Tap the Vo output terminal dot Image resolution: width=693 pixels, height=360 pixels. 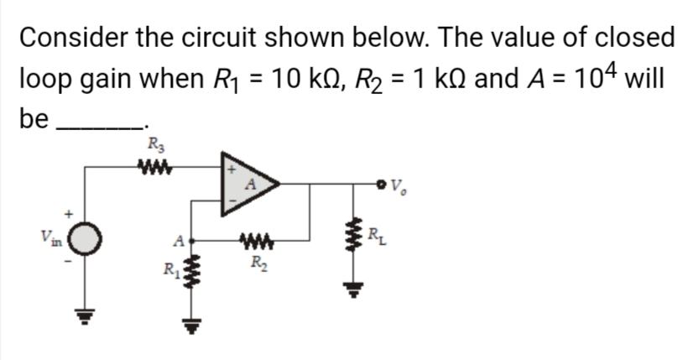point(383,182)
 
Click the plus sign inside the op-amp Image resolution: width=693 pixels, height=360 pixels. point(226,167)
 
